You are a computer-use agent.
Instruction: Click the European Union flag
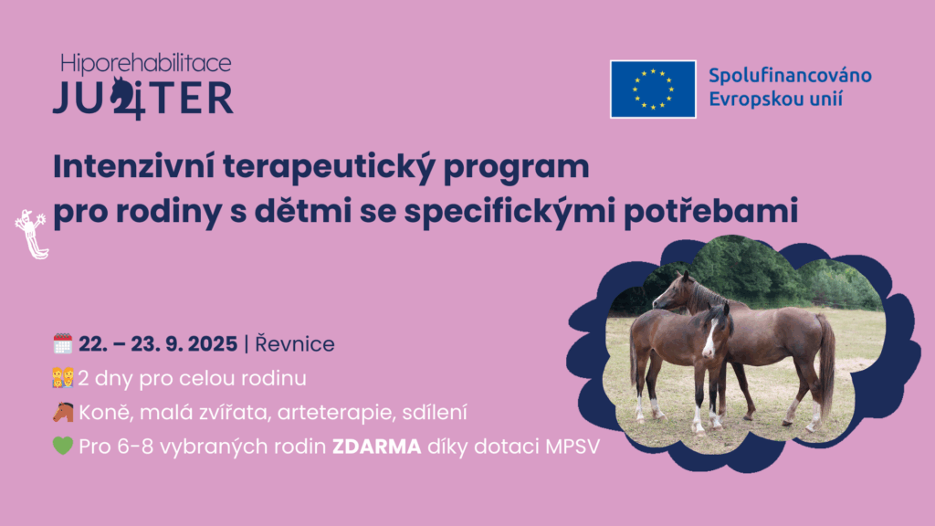pos(653,89)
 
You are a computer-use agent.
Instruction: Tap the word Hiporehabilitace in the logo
pos(145,64)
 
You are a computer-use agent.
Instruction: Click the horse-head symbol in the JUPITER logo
pos(127,98)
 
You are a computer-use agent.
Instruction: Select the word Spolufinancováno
pos(790,76)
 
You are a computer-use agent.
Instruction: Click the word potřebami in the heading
pos(710,212)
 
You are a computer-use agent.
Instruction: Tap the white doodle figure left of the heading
pos(31,235)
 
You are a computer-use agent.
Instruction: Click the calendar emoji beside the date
pos(63,343)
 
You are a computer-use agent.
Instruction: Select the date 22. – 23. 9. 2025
pos(158,344)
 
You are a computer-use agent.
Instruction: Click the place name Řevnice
pos(295,344)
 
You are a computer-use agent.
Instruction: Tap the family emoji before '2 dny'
pos(63,377)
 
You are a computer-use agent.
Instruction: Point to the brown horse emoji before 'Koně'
pos(63,412)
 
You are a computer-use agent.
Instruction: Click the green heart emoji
pos(63,446)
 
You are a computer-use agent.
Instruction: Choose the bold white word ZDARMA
pos(377,447)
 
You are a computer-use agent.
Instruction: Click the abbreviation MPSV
pos(573,447)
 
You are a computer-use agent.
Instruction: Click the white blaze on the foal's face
pos(709,339)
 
